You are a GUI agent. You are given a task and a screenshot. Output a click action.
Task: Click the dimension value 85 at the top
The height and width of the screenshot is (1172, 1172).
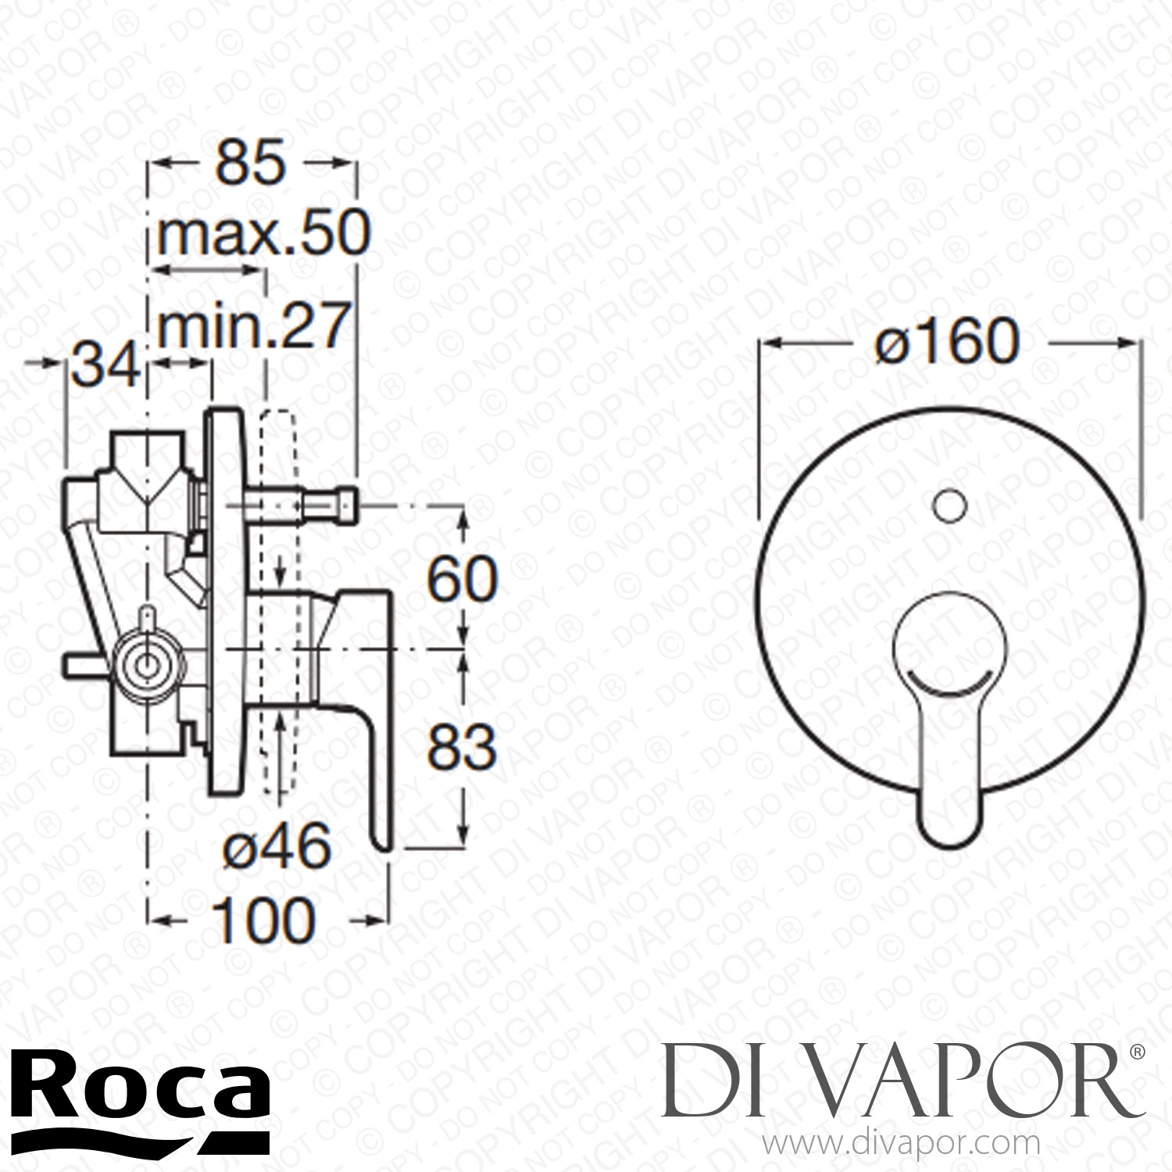point(251,165)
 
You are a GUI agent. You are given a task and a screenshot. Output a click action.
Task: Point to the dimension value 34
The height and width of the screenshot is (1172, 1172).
point(105,365)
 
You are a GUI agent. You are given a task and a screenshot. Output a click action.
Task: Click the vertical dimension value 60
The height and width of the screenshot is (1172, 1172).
point(462,579)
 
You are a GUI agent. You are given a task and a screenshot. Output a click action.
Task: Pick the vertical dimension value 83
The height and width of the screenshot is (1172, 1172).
point(462,748)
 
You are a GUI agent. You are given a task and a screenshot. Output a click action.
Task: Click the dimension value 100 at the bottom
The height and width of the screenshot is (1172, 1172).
point(263,920)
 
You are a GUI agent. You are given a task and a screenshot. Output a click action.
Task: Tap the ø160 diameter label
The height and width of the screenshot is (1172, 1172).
point(948,341)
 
